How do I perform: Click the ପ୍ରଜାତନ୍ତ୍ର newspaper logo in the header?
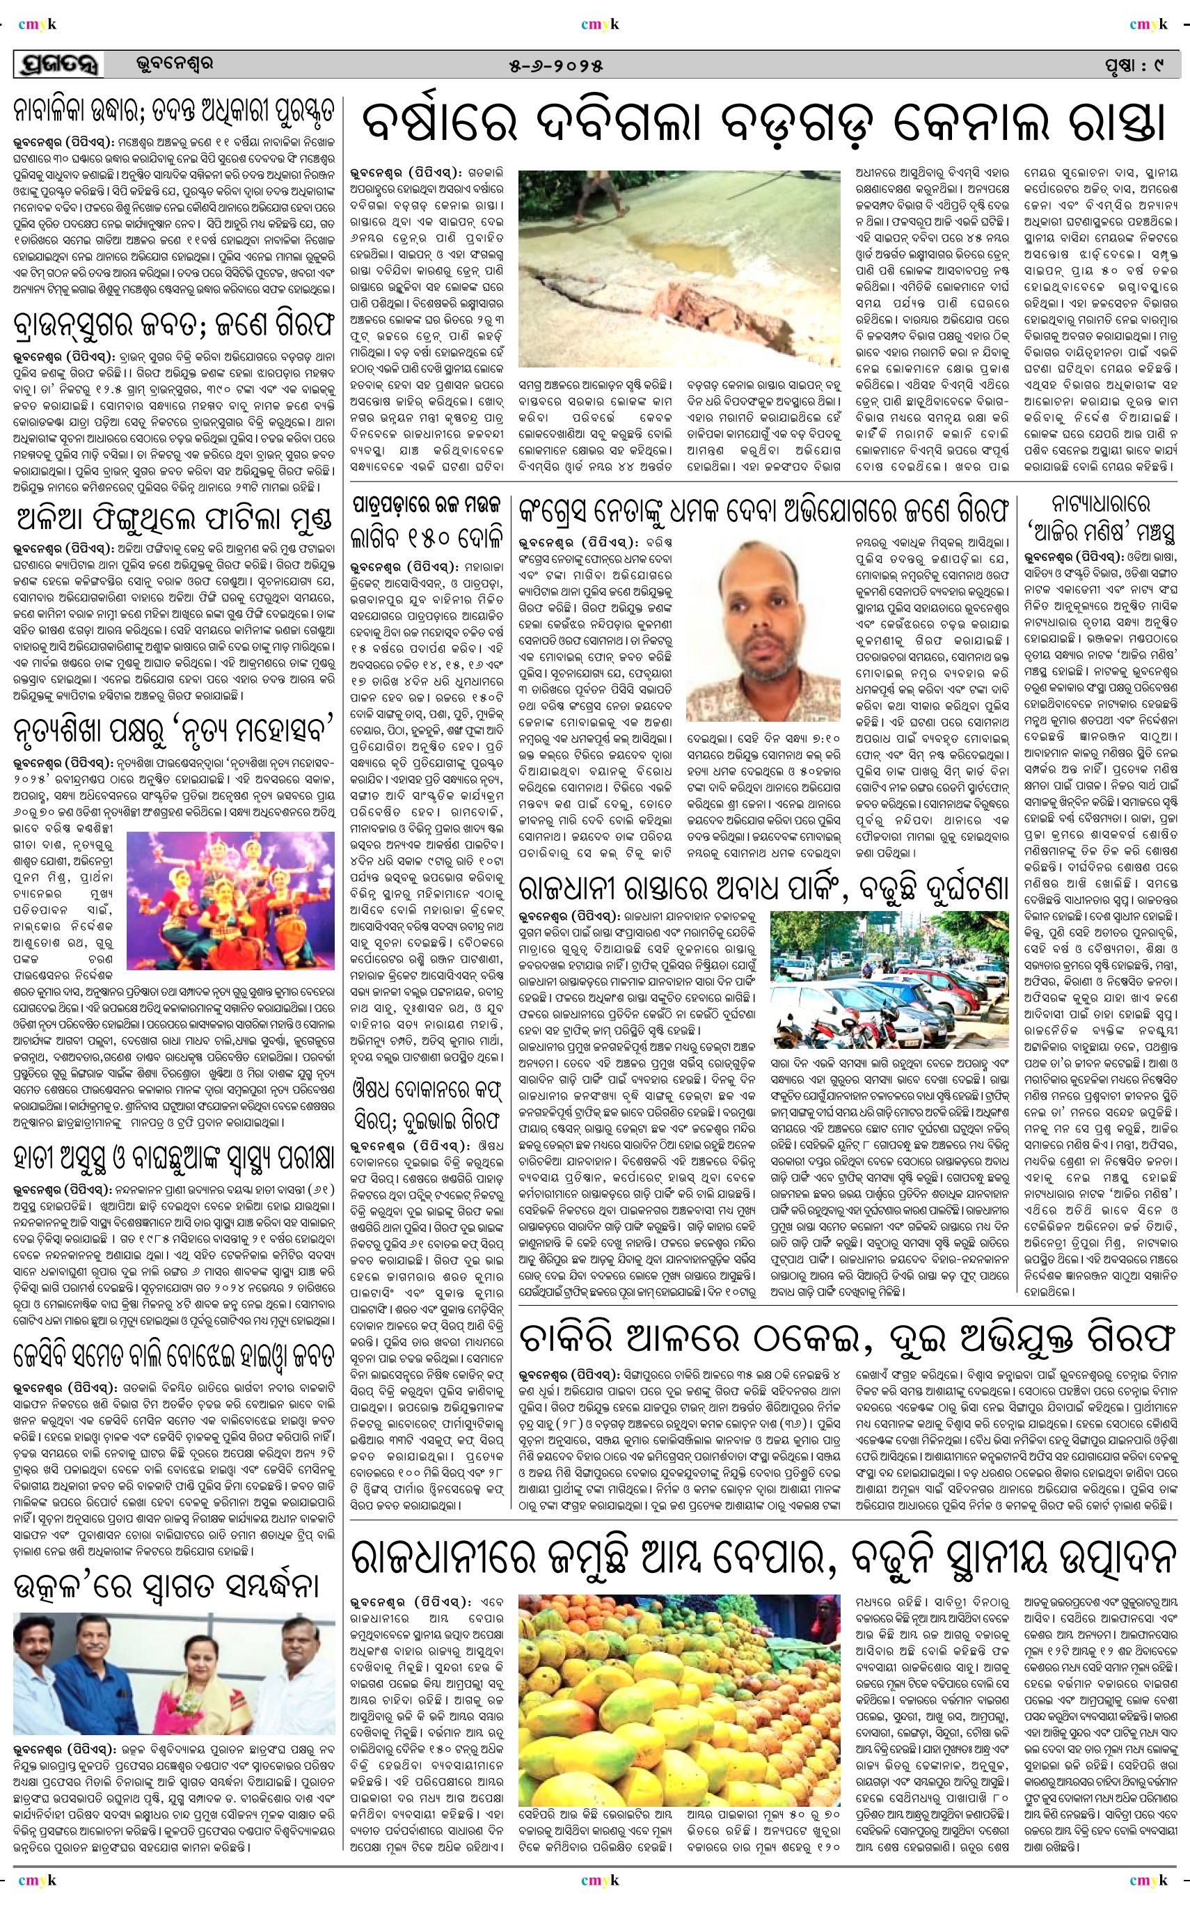click(59, 65)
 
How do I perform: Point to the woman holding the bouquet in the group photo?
click(193, 1675)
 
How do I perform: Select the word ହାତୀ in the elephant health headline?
click(36, 1158)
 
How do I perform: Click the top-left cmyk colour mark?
click(37, 24)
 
